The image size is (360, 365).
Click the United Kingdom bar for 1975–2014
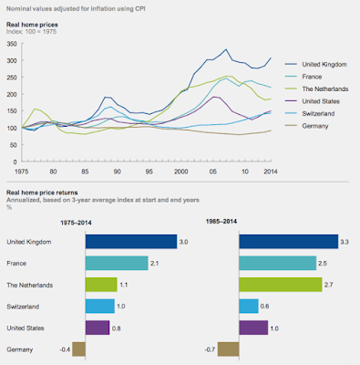129,242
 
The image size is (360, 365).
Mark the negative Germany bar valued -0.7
227,349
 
